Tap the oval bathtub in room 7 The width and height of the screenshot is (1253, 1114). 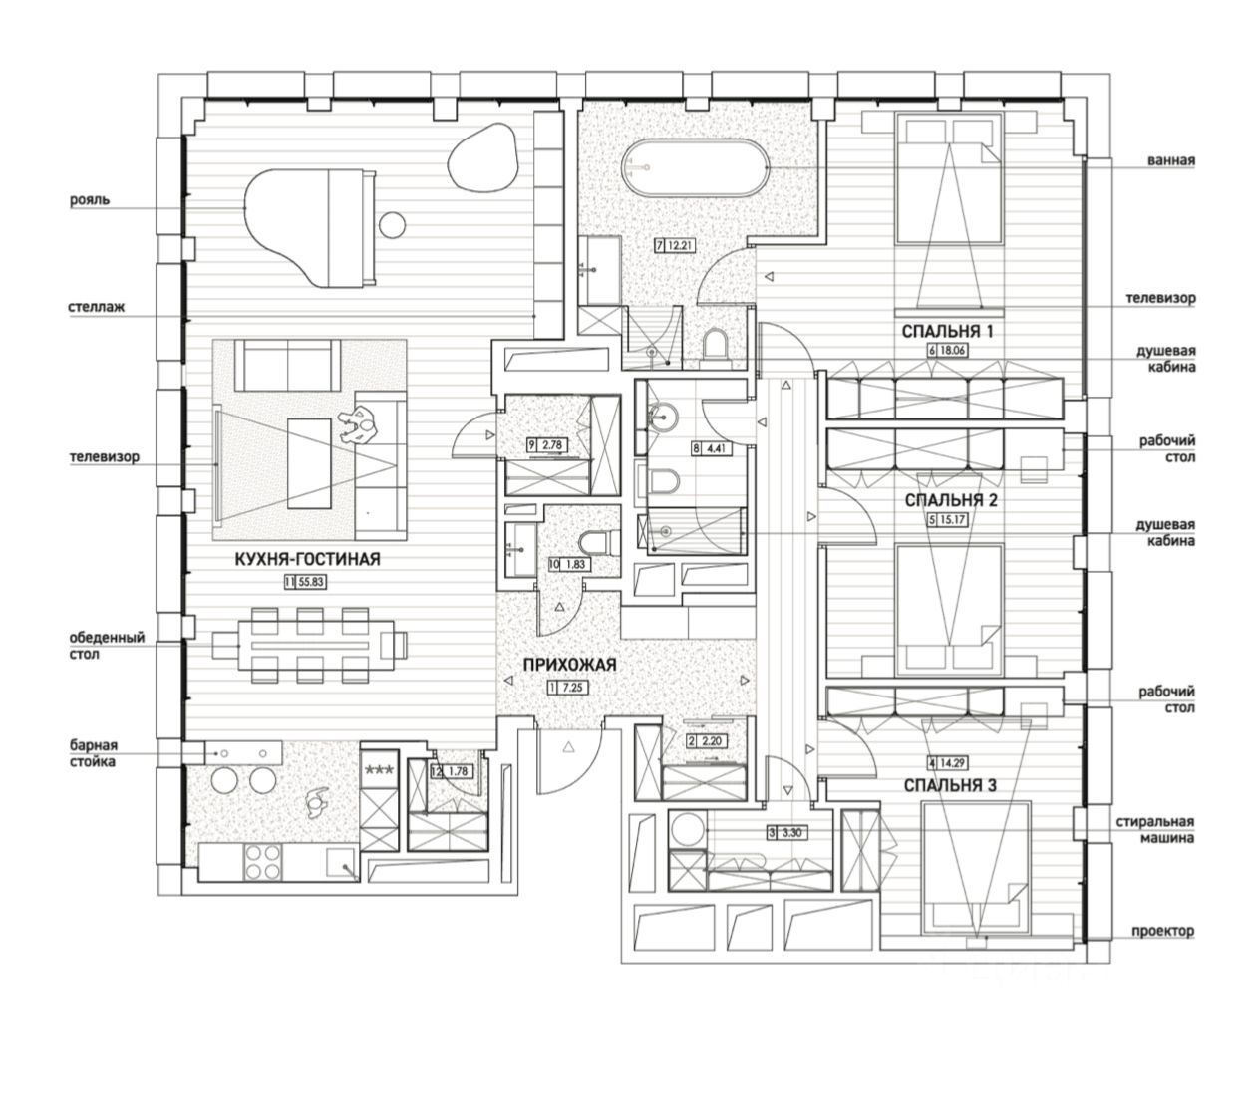(695, 167)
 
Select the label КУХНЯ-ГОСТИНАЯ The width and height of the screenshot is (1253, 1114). (307, 559)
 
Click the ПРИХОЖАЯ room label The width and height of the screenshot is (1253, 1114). (569, 665)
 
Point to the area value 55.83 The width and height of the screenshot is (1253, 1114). (311, 582)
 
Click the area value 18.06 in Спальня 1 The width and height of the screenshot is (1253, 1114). (952, 351)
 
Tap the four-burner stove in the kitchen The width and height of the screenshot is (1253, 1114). (263, 862)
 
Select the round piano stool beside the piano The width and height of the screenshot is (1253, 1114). (392, 224)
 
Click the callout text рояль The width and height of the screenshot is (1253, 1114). (90, 200)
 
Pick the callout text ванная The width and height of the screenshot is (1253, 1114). (1171, 160)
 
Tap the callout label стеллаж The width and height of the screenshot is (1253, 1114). (96, 307)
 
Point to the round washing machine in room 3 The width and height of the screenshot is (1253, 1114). (687, 829)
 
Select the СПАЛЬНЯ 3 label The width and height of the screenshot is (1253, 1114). (950, 786)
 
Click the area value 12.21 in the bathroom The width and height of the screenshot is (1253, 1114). (680, 245)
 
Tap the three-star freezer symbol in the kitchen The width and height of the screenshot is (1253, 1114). (380, 770)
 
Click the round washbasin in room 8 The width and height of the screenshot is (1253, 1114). (662, 418)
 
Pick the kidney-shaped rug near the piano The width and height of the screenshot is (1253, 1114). (482, 157)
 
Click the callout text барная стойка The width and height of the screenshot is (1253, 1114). (93, 753)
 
